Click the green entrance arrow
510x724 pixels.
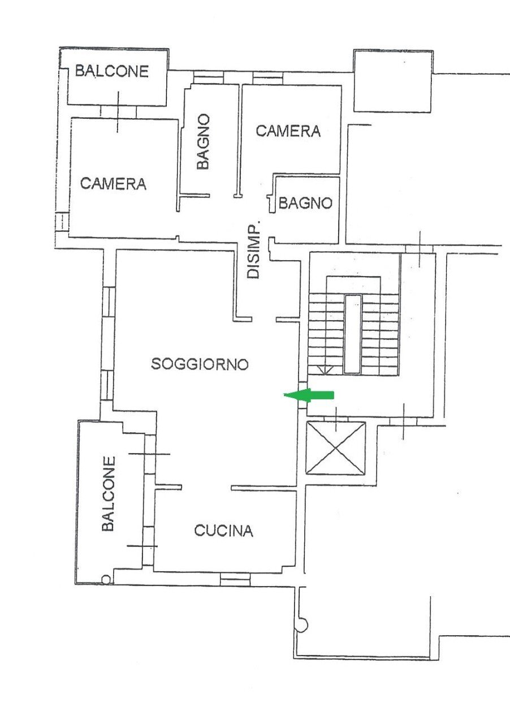(310, 395)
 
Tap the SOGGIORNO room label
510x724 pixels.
(200, 364)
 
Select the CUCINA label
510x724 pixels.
(223, 531)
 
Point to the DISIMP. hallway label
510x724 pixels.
(254, 249)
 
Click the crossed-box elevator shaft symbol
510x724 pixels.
(335, 448)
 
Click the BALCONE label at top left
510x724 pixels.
(112, 71)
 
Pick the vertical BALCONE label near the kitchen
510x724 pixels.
(109, 493)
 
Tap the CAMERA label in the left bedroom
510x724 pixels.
(113, 183)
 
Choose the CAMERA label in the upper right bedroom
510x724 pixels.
(288, 131)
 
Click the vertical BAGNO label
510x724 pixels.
(203, 141)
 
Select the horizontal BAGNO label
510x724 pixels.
(305, 202)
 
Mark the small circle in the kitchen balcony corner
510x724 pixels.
(106, 579)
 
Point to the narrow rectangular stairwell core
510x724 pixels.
(352, 334)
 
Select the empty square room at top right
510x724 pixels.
(393, 81)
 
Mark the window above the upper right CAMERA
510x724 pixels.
(267, 77)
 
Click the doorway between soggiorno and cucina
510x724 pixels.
(206, 487)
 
